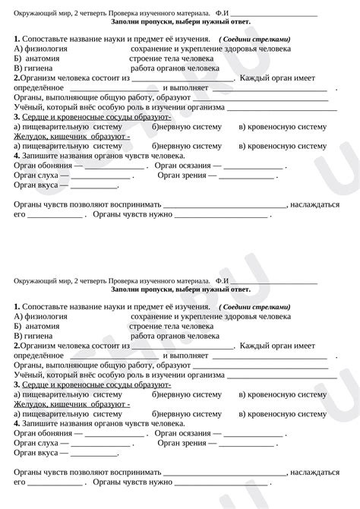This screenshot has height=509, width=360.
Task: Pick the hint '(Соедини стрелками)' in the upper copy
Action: [254, 39]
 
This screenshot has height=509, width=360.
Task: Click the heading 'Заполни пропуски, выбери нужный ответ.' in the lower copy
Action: [180, 289]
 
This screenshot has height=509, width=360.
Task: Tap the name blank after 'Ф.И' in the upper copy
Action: [273, 13]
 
